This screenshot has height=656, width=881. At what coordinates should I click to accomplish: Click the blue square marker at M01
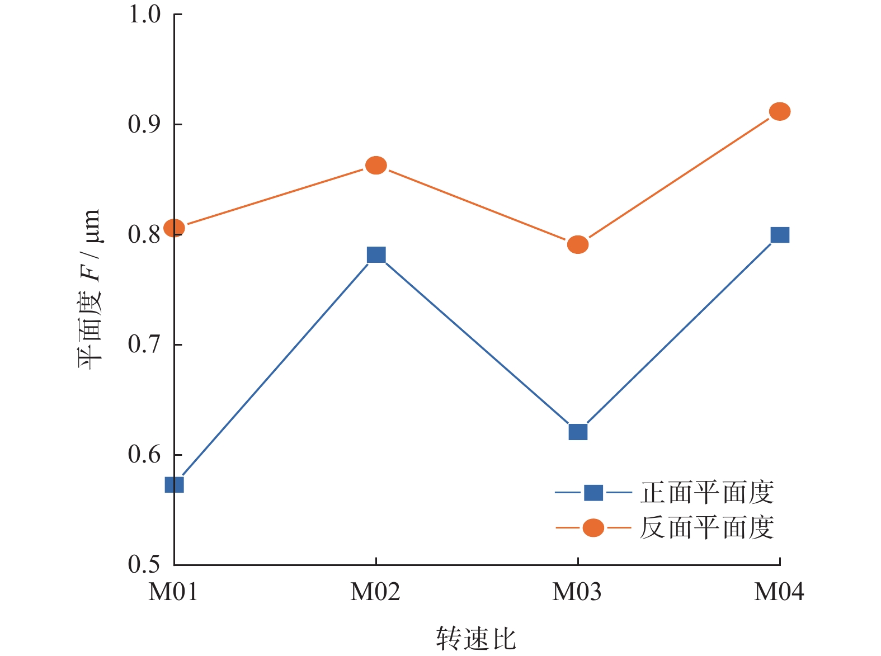(x=175, y=484)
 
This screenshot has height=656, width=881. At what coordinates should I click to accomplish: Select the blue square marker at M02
(x=376, y=255)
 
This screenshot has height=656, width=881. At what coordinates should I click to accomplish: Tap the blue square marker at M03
(x=578, y=432)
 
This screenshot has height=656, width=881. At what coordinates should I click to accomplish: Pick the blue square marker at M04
(x=780, y=235)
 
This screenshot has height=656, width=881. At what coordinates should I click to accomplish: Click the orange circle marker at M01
(x=175, y=228)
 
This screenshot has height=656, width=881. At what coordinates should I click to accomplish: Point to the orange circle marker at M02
(x=376, y=166)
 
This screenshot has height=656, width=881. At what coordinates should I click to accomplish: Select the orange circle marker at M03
(x=578, y=244)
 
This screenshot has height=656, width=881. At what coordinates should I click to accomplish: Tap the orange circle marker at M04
(x=780, y=112)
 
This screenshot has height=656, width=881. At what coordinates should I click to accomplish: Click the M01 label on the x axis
(x=173, y=592)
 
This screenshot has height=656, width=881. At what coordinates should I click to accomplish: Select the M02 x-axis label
(x=375, y=592)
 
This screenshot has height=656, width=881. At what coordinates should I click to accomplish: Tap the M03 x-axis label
(x=577, y=592)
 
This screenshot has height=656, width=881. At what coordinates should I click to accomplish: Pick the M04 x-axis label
(x=779, y=592)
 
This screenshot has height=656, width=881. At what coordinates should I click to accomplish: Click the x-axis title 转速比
(x=476, y=638)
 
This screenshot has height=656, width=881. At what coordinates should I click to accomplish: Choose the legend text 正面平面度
(x=707, y=493)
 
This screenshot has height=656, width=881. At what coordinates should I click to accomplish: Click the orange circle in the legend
(x=593, y=527)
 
